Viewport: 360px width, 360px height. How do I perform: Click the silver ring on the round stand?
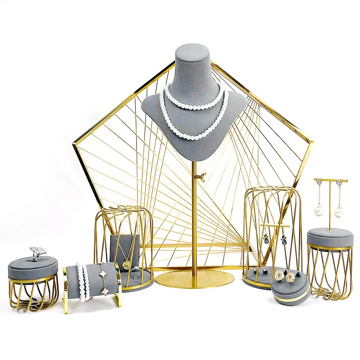(37, 252)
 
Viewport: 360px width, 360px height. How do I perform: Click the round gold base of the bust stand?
(192, 279)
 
